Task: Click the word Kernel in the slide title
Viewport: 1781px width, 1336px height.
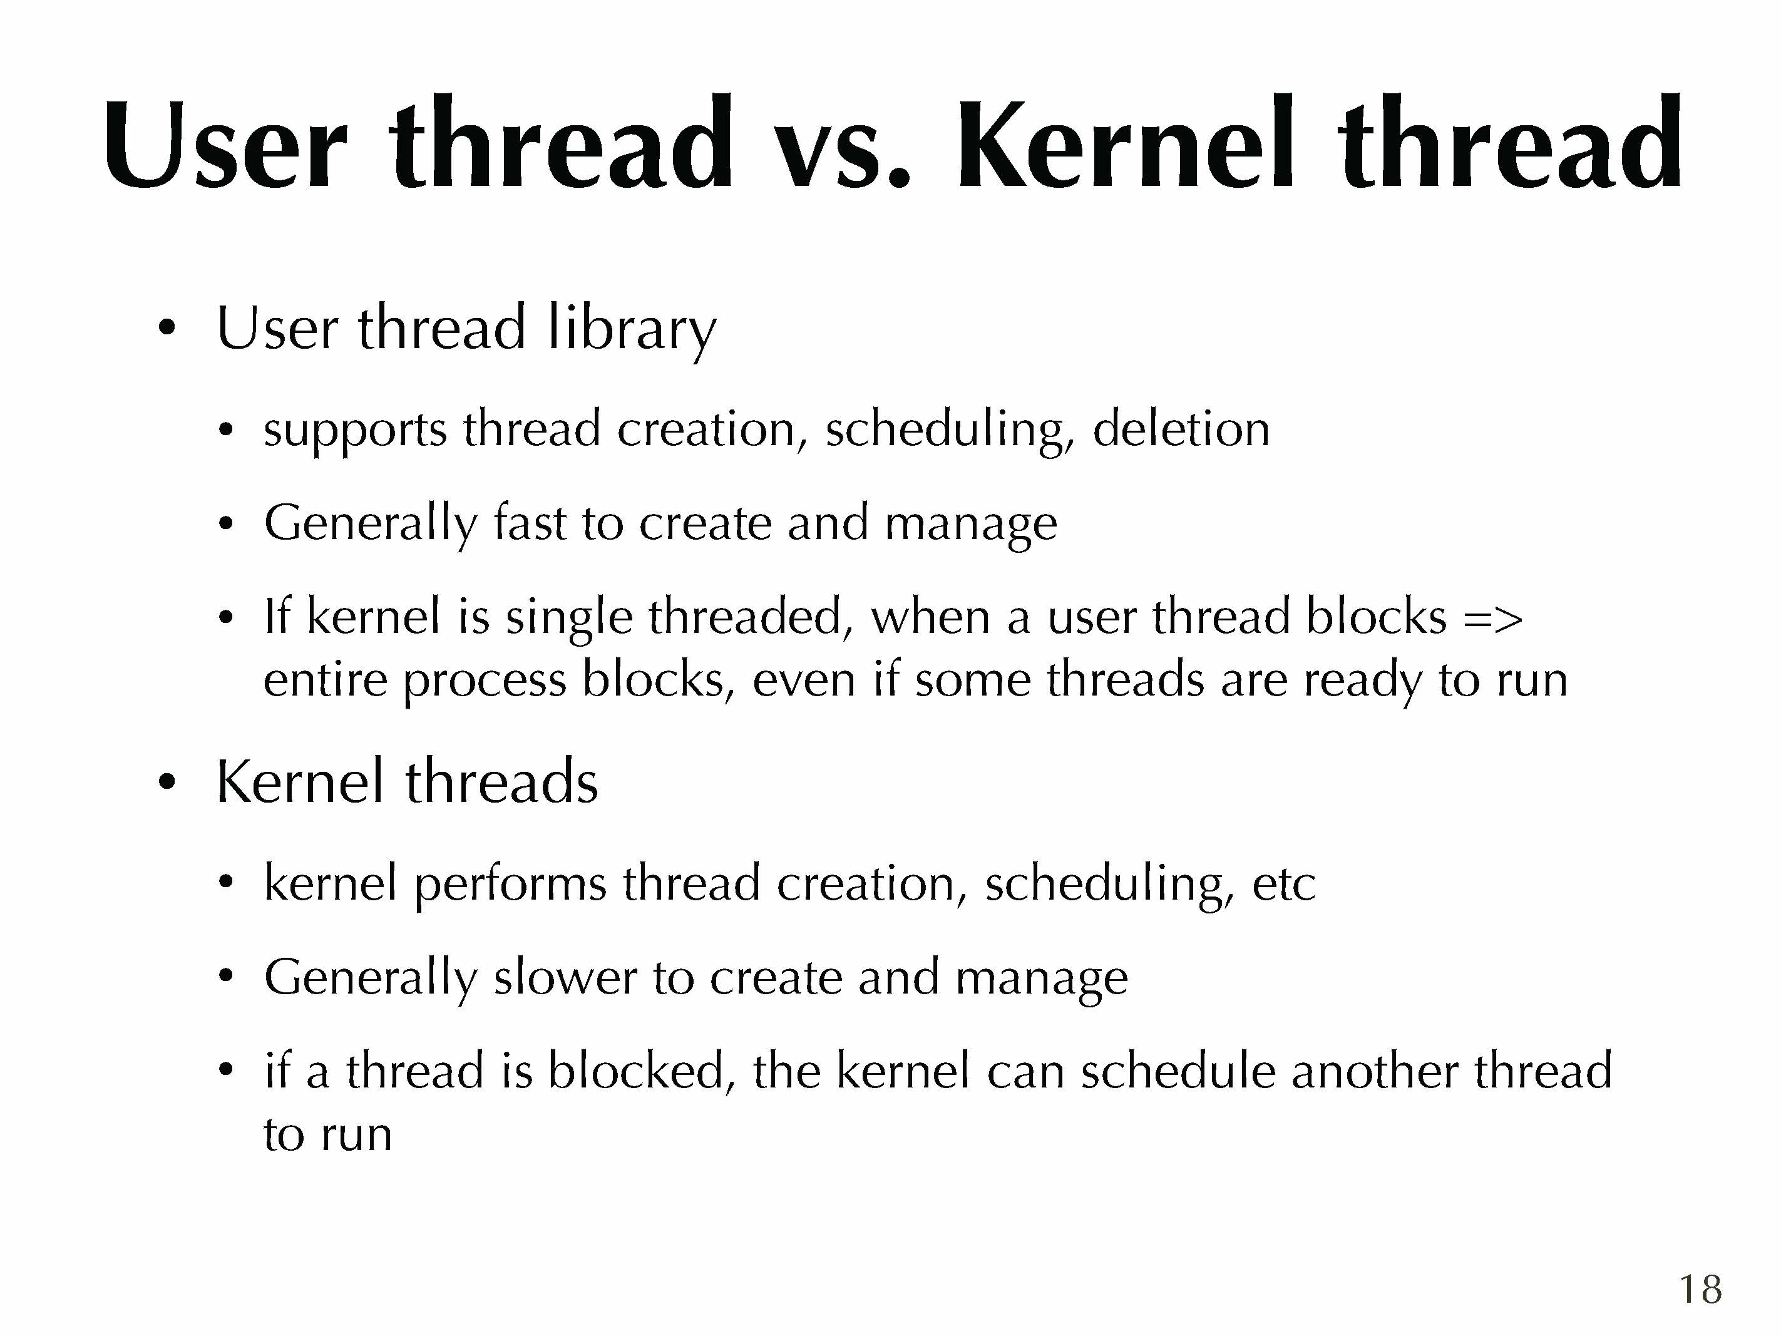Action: pos(1126,143)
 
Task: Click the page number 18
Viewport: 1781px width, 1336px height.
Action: pos(1700,1289)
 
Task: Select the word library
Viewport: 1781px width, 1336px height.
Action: pos(631,329)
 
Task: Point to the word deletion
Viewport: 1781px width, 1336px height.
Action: pos(1181,428)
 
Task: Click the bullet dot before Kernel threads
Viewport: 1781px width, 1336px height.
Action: pos(166,781)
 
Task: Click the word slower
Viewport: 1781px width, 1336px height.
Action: pos(565,977)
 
